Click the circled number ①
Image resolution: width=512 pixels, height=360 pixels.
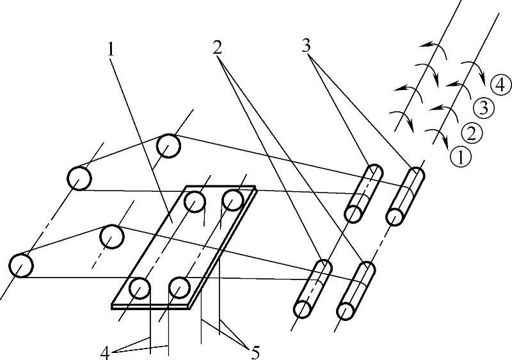click(459, 154)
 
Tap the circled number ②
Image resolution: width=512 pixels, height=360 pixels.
click(472, 133)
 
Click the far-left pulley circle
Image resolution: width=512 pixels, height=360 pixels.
click(20, 266)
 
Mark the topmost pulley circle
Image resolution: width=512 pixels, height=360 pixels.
click(170, 145)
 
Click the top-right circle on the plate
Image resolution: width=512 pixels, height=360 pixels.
click(232, 201)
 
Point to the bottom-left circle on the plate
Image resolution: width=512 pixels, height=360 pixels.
click(139, 289)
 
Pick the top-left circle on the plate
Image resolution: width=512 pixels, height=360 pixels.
click(195, 202)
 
